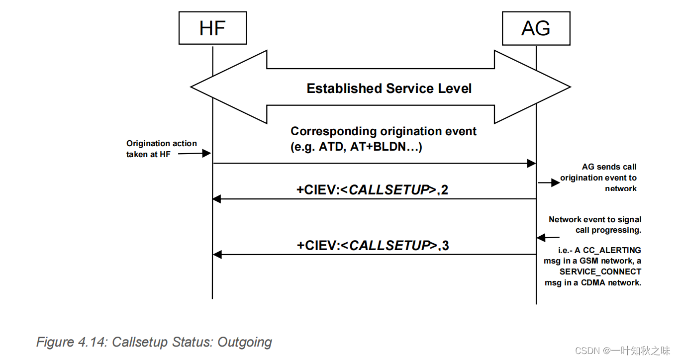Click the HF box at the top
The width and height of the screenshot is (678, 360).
pos(212,28)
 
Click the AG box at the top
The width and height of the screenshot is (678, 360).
pos(536,28)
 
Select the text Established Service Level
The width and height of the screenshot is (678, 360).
pos(389,89)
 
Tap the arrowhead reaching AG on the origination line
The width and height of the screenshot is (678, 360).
pos(531,163)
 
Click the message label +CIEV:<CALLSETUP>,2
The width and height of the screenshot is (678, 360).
pos(373,190)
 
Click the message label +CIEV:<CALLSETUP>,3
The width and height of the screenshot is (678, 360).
pos(373,246)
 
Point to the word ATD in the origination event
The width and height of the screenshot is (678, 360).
pos(328,147)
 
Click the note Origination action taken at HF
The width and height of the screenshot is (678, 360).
pos(161,149)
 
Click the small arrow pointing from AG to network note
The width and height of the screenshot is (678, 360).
pos(549,183)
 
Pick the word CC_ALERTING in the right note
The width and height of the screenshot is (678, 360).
pos(616,250)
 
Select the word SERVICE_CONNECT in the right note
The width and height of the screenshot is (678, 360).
pos(600,271)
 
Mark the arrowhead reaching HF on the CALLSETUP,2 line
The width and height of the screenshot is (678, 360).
pos(217,199)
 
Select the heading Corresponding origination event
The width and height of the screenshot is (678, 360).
pos(384,131)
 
